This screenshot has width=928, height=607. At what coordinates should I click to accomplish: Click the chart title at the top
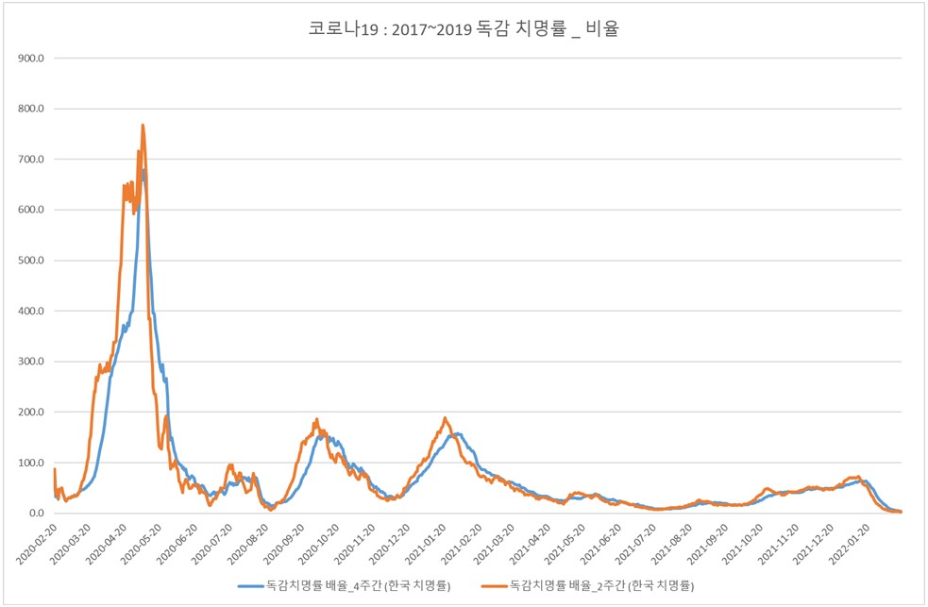[464, 29]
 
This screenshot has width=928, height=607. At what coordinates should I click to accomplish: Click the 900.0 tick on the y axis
[31, 59]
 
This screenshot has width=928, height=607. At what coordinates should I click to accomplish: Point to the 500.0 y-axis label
[31, 261]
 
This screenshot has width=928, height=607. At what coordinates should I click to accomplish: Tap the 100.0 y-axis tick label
[31, 463]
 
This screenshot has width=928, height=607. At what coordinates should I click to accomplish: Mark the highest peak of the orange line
[143, 125]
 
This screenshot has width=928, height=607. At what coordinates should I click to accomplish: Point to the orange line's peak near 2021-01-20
[445, 418]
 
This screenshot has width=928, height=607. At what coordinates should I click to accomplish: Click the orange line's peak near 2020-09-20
[316, 419]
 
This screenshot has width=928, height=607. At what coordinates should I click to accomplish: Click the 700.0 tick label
[31, 160]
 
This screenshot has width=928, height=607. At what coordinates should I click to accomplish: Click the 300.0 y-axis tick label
[31, 362]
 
